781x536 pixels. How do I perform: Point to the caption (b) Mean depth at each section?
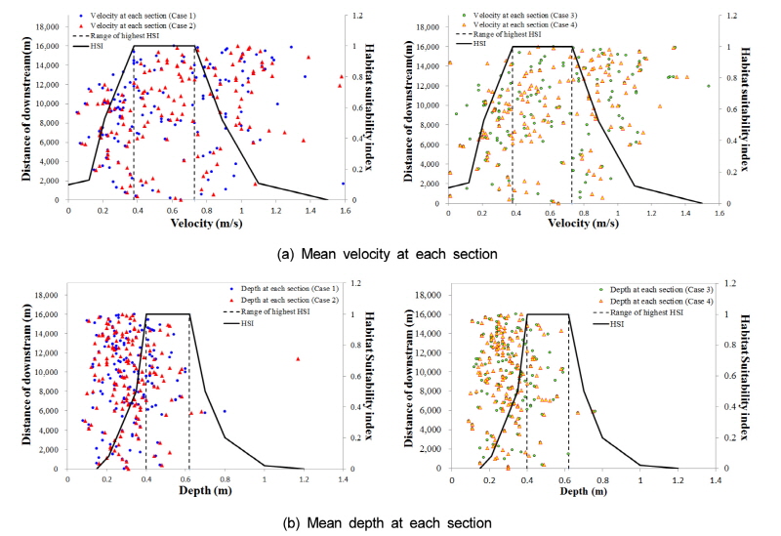tap(390, 523)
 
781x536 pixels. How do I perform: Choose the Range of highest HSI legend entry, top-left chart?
tap(139, 35)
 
